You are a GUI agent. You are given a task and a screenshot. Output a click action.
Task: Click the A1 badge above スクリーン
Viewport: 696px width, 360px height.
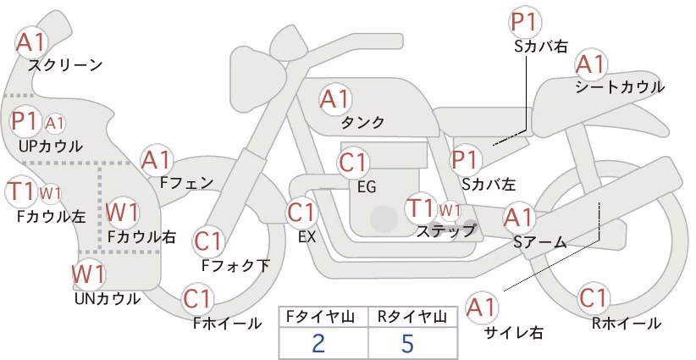[30, 42]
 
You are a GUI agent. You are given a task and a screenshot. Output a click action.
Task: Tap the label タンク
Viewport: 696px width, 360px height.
[362, 122]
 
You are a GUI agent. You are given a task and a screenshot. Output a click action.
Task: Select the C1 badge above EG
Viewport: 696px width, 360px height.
[353, 163]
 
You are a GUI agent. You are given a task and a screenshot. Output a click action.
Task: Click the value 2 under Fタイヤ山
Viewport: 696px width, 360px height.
[318, 343]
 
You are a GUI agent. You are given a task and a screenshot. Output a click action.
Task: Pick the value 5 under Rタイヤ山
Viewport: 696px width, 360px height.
[407, 343]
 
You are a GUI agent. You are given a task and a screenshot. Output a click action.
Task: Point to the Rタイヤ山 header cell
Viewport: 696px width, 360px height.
[412, 317]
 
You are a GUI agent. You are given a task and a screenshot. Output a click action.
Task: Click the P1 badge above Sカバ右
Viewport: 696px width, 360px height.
[526, 22]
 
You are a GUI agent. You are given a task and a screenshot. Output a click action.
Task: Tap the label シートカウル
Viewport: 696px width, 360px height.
[620, 87]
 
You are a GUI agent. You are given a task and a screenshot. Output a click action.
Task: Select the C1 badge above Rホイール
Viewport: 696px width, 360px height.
[594, 298]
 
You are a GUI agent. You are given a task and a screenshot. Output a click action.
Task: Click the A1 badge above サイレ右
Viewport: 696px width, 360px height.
[482, 307]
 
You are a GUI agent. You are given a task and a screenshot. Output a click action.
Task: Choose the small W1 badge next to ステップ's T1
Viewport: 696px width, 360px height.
[450, 210]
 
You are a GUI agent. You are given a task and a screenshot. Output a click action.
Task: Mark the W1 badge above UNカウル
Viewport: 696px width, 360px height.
[88, 274]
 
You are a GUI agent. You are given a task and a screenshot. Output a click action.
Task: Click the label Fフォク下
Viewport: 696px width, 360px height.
[235, 265]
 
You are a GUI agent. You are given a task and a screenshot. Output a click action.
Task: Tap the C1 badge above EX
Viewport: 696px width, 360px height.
[301, 213]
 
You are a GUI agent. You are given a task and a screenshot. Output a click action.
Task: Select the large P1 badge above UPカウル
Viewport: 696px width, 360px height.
[25, 121]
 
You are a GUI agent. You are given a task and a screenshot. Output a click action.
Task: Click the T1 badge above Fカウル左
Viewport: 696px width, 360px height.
[20, 191]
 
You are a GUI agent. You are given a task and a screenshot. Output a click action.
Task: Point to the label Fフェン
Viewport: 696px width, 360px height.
[186, 182]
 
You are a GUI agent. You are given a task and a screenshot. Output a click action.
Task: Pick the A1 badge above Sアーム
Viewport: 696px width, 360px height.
[518, 218]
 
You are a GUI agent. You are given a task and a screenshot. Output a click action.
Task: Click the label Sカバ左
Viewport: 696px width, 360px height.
[489, 184]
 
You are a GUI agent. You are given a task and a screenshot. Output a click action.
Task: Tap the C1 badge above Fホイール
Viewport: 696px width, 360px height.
[197, 299]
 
